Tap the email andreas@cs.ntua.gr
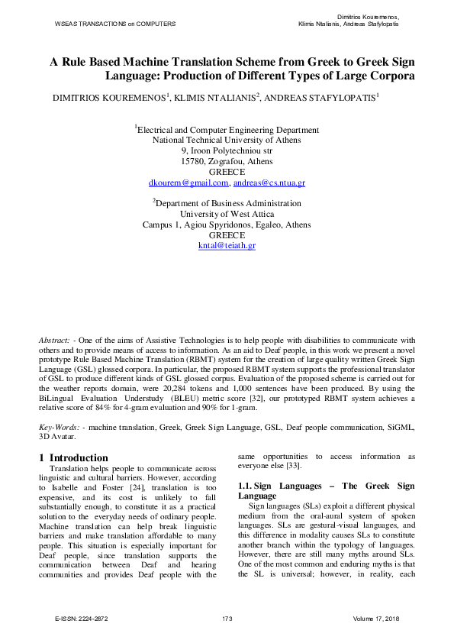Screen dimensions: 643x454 tap(269, 183)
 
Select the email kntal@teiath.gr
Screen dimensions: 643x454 tap(227, 247)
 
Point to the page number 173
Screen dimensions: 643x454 tap(227, 617)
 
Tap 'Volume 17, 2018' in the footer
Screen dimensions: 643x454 tap(377, 617)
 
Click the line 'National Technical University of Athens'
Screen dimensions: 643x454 tap(227, 141)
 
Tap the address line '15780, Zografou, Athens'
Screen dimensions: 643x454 tap(227, 162)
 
